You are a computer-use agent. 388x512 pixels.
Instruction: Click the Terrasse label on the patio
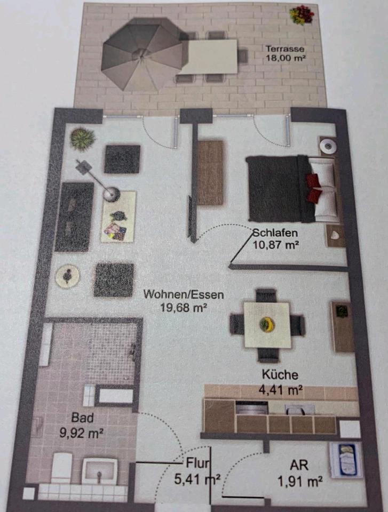[x=284, y=49]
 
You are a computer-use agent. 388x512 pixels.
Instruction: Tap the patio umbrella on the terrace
[x=142, y=54]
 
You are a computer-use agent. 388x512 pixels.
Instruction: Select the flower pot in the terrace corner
[x=302, y=15]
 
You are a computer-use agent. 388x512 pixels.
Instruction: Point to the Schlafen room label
[x=275, y=233]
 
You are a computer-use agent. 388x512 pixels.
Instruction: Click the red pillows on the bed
[x=314, y=188]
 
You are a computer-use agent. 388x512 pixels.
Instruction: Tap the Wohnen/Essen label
[x=184, y=294]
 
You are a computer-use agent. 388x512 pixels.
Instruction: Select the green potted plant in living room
[x=83, y=139]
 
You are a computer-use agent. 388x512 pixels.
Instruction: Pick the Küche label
[x=280, y=374]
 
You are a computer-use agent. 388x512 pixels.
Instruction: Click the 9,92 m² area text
[x=82, y=433]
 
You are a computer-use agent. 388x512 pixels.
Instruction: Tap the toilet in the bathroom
[x=61, y=467]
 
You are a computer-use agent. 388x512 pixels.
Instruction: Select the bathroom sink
[x=99, y=471]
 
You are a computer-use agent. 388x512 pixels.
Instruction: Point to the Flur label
[x=198, y=463]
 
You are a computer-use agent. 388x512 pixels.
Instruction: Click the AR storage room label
[x=299, y=465]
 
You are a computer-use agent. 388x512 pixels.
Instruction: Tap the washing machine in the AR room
[x=346, y=460]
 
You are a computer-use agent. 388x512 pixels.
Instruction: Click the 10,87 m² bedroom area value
[x=276, y=245]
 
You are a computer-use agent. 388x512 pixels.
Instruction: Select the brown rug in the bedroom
[x=210, y=173]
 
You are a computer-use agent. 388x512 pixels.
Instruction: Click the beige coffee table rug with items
[x=118, y=217]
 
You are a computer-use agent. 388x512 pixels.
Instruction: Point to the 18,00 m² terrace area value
[x=286, y=59]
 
